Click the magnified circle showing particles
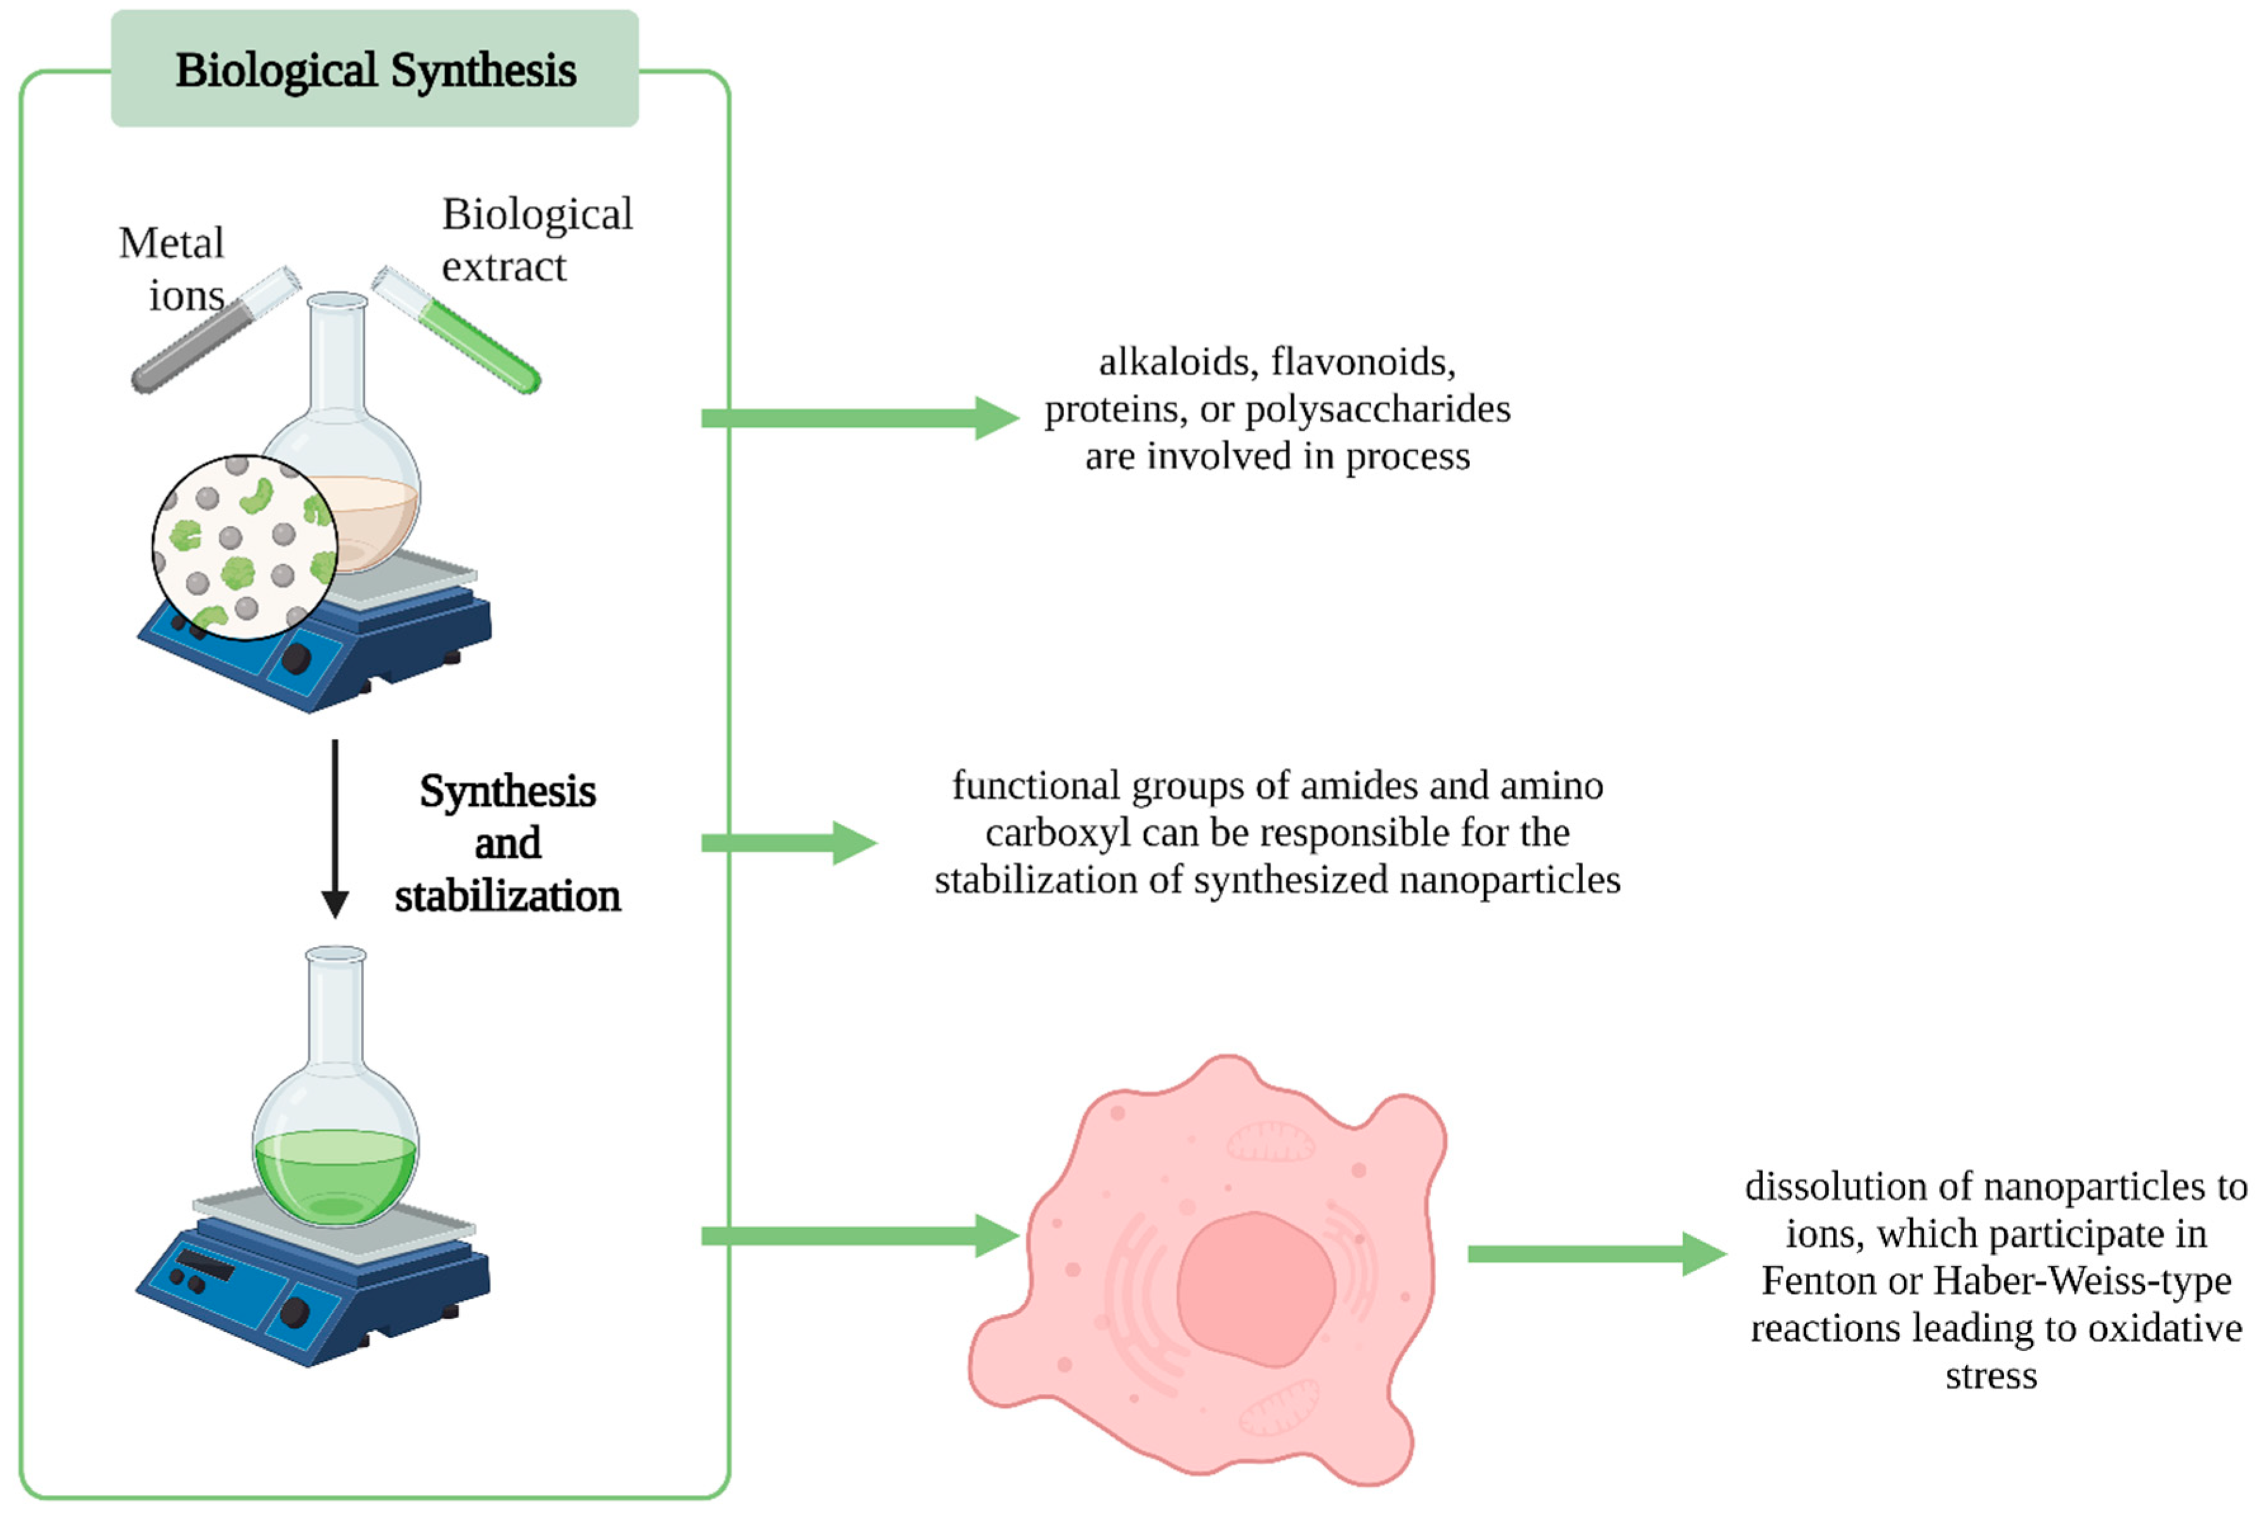coord(244,547)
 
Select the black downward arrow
coord(335,827)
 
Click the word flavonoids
coord(1364,362)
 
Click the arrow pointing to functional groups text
coord(788,843)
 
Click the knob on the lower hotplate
coord(294,1313)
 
